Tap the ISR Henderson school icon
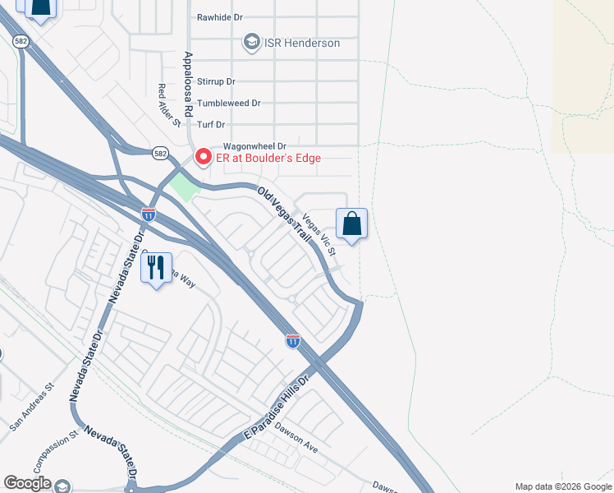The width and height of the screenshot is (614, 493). pyautogui.click(x=251, y=42)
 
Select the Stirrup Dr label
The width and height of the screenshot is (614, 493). pyautogui.click(x=216, y=82)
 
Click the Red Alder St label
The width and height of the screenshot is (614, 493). pyautogui.click(x=169, y=105)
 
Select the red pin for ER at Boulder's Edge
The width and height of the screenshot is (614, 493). pyautogui.click(x=201, y=155)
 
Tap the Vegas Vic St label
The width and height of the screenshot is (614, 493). pyautogui.click(x=319, y=233)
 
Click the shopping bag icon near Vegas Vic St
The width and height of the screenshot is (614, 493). pyautogui.click(x=351, y=223)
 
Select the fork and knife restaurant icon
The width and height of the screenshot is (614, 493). pyautogui.click(x=156, y=268)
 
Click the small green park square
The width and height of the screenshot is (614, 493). pyautogui.click(x=185, y=186)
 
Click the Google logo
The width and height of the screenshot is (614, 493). pyautogui.click(x=28, y=483)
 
